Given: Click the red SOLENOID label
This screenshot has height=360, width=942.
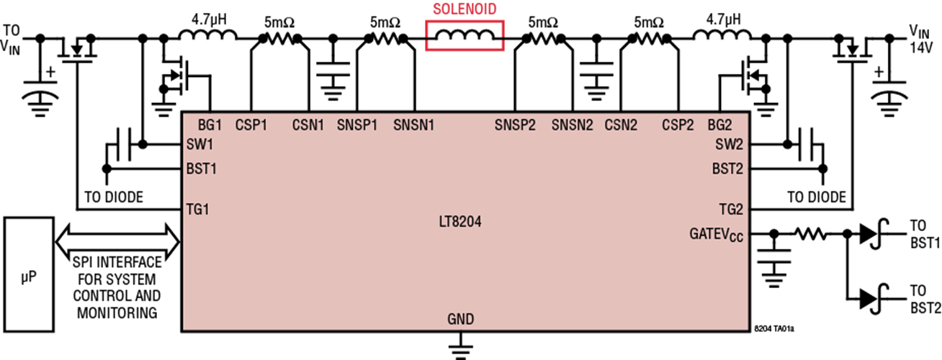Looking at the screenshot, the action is pyautogui.click(x=465, y=9).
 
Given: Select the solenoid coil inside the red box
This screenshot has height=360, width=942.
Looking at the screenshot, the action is pyautogui.click(x=465, y=35).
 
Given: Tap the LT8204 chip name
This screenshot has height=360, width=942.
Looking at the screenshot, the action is pyautogui.click(x=460, y=222).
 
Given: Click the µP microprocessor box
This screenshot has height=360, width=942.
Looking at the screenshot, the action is pyautogui.click(x=29, y=274).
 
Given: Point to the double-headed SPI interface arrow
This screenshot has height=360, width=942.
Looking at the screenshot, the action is pyautogui.click(x=117, y=241).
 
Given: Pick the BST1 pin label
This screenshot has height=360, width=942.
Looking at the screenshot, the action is pyautogui.click(x=202, y=169).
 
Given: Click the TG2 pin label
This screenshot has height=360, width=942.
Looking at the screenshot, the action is pyautogui.click(x=731, y=209).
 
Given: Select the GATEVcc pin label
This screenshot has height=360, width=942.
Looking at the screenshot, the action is pyautogui.click(x=716, y=235).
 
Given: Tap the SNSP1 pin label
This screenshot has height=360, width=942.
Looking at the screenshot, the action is pyautogui.click(x=357, y=125).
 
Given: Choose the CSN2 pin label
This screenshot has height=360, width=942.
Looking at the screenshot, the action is pyautogui.click(x=621, y=125).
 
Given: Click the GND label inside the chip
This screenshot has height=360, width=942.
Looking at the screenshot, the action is pyautogui.click(x=460, y=319).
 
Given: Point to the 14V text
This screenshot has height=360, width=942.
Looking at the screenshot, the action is pyautogui.click(x=921, y=48).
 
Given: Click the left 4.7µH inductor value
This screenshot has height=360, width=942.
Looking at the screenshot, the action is pyautogui.click(x=209, y=19).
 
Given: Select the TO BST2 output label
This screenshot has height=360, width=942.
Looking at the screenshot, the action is pyautogui.click(x=925, y=300).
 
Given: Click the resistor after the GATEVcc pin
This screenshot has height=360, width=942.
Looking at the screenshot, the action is pyautogui.click(x=810, y=234).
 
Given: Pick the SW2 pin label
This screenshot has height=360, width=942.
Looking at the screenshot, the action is pyautogui.click(x=730, y=145).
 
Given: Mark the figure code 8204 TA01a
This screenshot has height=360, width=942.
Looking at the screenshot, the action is pyautogui.click(x=774, y=328).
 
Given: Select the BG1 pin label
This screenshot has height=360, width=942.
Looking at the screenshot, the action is pyautogui.click(x=210, y=125).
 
